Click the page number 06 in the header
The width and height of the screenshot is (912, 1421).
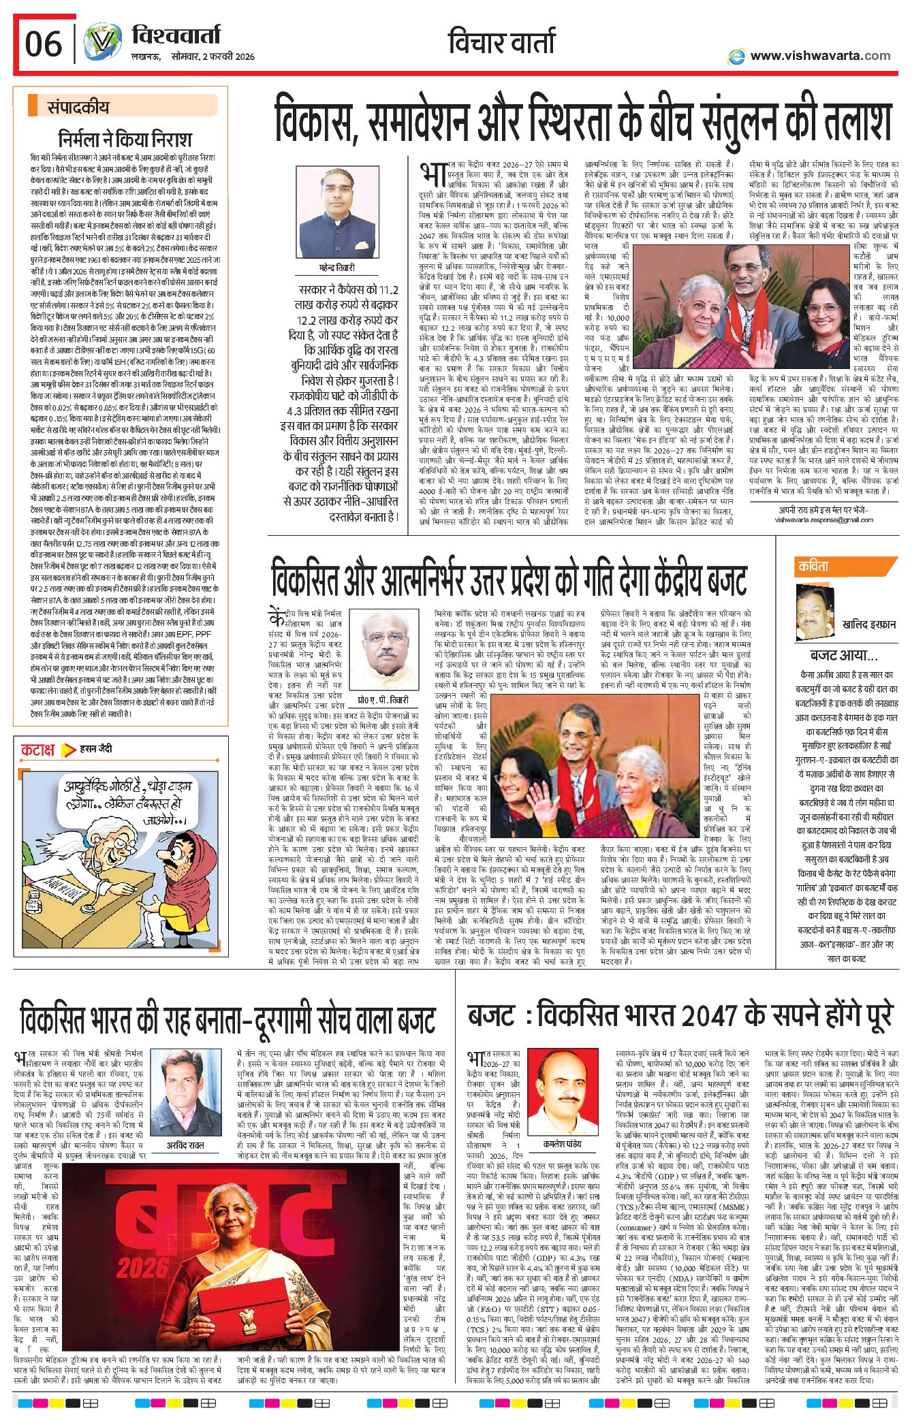click(x=43, y=44)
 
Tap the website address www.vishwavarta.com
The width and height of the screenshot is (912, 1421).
click(x=819, y=56)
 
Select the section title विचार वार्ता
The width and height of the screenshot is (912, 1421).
click(x=502, y=42)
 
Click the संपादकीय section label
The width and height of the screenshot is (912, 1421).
click(x=78, y=107)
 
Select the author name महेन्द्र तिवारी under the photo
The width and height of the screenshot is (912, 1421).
click(x=337, y=268)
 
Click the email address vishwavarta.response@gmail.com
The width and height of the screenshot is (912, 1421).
click(x=823, y=520)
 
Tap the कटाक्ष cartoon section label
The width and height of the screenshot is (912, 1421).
click(x=37, y=750)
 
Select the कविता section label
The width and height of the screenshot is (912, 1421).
click(x=813, y=566)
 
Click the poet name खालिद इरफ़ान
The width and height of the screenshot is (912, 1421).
click(x=868, y=624)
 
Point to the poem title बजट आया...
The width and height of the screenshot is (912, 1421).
click(x=843, y=655)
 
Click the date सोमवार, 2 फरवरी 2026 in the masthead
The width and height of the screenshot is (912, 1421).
click(x=213, y=57)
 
